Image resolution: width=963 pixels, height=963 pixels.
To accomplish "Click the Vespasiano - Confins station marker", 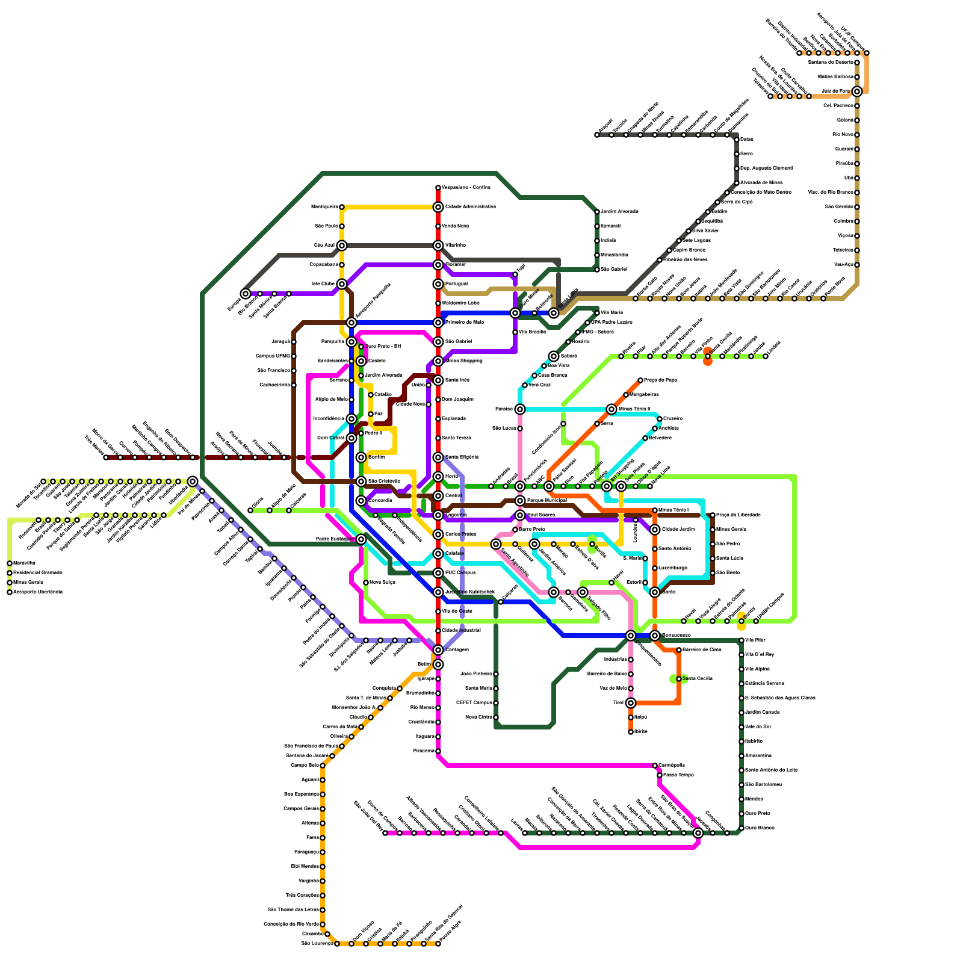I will click(438, 188).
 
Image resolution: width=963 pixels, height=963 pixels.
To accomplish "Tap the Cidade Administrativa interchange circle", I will click(438, 207).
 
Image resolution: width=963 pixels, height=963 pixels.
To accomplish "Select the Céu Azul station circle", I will click(342, 246).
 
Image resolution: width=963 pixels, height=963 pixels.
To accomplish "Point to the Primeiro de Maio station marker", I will click(438, 323).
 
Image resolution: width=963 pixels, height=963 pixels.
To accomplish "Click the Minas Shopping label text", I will click(463, 361).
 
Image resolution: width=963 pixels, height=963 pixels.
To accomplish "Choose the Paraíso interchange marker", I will click(520, 409).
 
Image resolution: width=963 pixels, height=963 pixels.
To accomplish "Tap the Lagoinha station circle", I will click(438, 515).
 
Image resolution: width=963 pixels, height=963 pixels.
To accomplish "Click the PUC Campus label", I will click(461, 573).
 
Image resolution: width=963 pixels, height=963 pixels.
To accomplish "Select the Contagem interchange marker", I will click(438, 650).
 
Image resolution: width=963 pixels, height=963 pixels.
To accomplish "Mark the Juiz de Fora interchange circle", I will click(857, 91).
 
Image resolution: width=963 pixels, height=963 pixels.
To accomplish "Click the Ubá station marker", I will click(857, 178).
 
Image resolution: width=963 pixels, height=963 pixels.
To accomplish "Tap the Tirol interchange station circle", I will click(631, 703).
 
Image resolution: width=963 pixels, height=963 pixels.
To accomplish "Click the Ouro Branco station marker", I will click(742, 828).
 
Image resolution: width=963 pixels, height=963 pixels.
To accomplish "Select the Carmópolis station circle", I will click(655, 766).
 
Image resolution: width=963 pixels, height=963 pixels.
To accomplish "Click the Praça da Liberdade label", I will click(739, 515).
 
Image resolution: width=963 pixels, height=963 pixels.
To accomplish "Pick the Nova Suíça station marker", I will click(366, 583).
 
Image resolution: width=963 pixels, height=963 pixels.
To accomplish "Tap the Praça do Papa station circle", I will click(640, 380).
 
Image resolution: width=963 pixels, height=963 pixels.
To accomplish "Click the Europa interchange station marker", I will click(246, 294).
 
